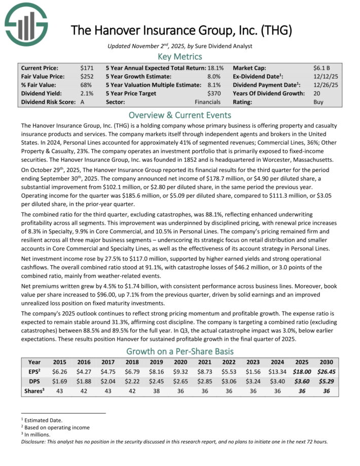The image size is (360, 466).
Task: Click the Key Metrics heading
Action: tap(180, 56)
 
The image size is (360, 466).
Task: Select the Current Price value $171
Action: tap(86, 67)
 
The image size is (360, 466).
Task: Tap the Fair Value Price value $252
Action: tap(86, 76)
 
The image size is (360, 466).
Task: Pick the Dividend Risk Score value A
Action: tap(83, 102)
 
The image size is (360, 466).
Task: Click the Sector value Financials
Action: tap(207, 102)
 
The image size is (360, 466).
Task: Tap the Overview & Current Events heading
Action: tap(180, 115)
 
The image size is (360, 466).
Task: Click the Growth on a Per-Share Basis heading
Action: tap(180, 351)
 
